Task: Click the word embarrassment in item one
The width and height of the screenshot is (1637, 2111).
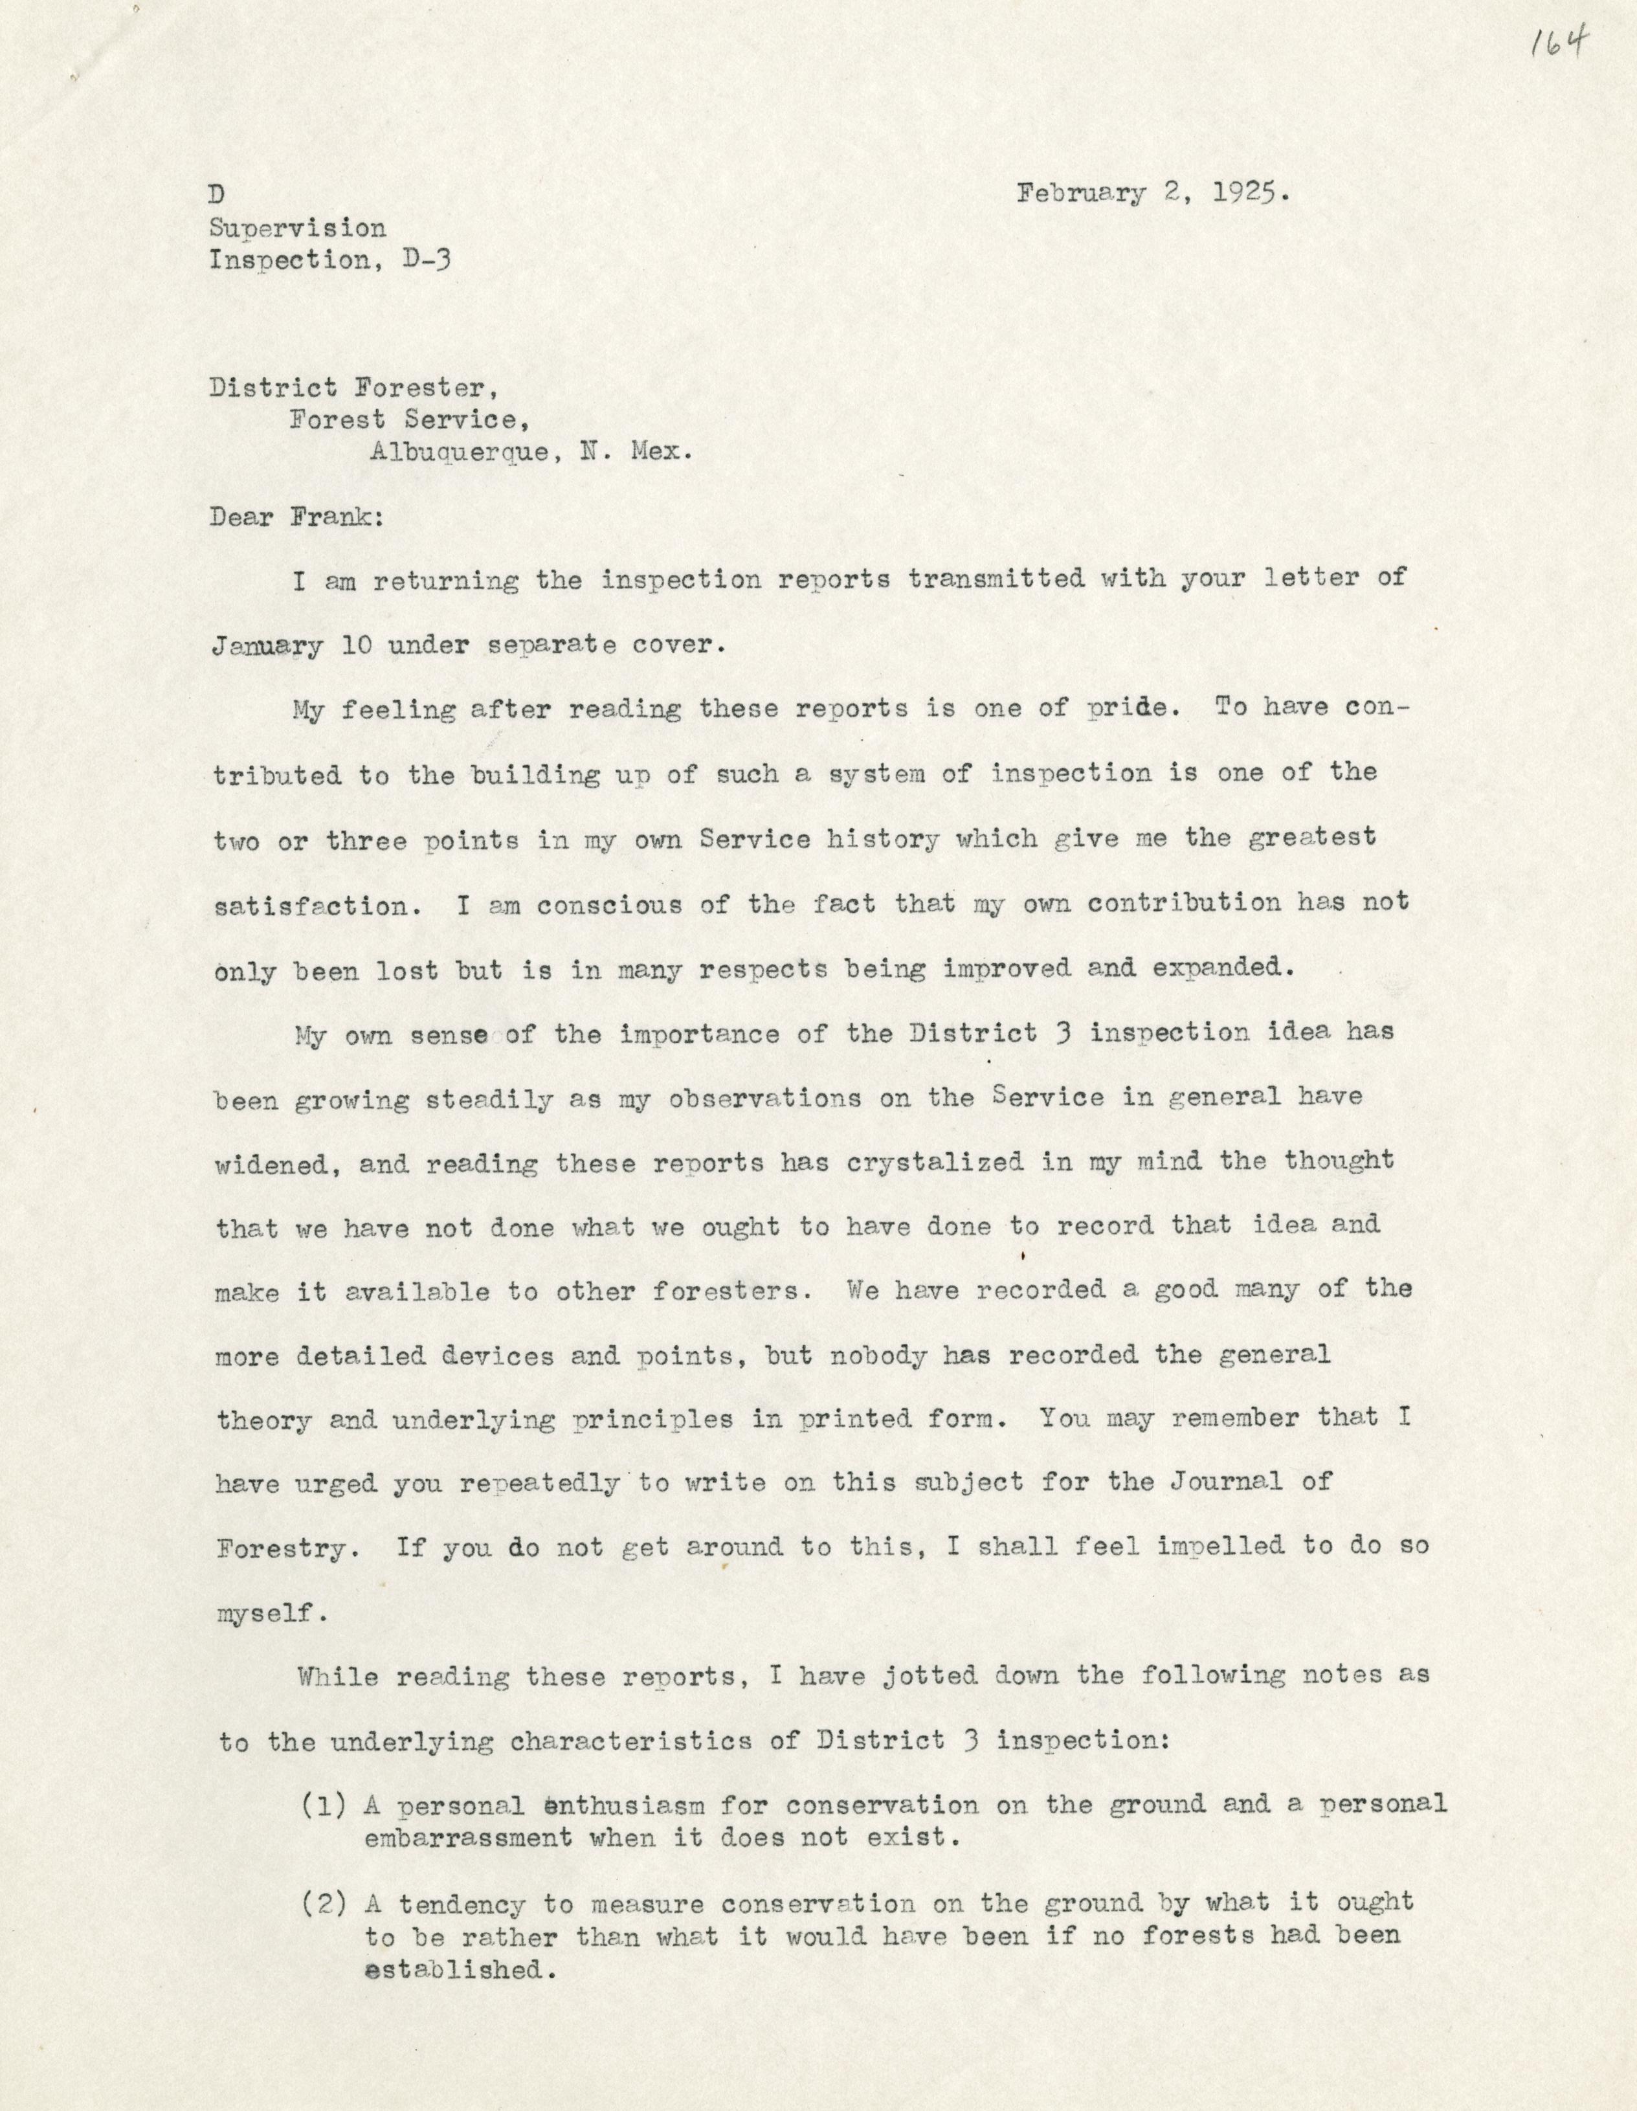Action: click(x=468, y=1837)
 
